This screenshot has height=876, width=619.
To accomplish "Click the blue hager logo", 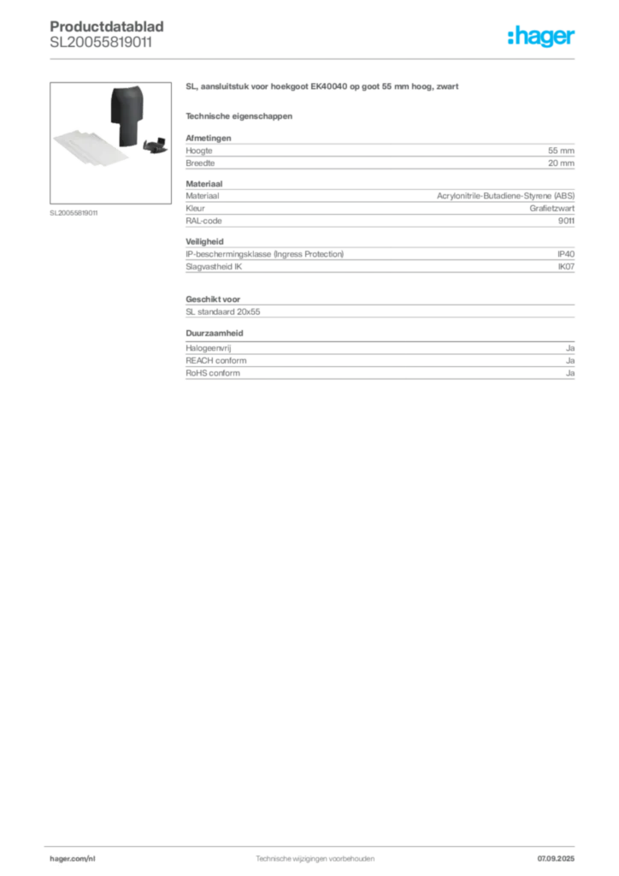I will [542, 38].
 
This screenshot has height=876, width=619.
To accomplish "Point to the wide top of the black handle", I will [129, 97].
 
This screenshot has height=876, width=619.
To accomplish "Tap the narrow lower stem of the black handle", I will [128, 133].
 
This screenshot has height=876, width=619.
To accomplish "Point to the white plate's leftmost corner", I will [54, 138].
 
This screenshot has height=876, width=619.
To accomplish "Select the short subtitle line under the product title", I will [239, 115].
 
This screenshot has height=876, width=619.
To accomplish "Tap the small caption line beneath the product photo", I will [75, 212].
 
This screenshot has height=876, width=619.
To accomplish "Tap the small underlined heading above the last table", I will [216, 332].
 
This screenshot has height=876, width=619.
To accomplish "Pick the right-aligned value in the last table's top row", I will [573, 346].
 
